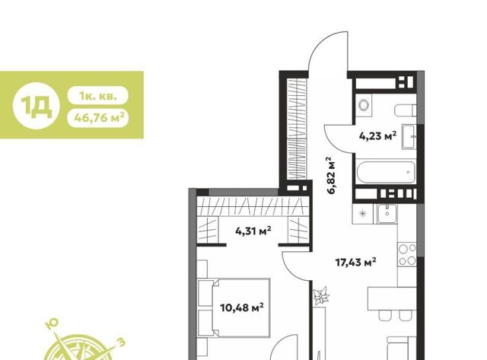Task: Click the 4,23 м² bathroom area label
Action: (377, 135)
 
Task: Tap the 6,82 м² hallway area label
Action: (332, 175)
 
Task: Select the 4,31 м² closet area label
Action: (253, 231)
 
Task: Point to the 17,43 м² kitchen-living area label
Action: (356, 263)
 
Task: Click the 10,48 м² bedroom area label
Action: (242, 307)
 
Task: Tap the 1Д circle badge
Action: (37, 106)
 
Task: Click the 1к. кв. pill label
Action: (98, 95)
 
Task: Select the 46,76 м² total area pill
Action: (98, 117)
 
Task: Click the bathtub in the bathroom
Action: (386, 173)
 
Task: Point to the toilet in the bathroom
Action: (406, 110)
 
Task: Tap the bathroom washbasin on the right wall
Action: (409, 137)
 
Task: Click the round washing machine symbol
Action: (364, 105)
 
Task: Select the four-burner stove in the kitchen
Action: (407, 254)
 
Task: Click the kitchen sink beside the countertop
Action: (387, 213)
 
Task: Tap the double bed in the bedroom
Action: (234, 307)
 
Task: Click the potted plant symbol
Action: (320, 295)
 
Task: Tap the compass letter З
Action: (121, 342)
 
